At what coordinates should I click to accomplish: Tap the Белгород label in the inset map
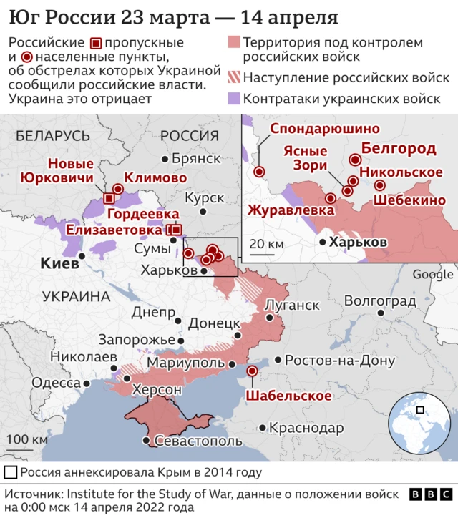[x=399, y=149]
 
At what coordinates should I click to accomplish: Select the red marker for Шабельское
[x=252, y=371]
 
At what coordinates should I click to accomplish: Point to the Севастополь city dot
[x=147, y=441]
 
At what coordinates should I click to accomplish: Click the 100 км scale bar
[x=27, y=439]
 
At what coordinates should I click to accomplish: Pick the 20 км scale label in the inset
[x=266, y=245]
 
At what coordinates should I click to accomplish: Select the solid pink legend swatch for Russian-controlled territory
[x=233, y=43]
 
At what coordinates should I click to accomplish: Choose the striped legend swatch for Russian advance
[x=233, y=77]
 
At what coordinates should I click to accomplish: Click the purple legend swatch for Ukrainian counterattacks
[x=233, y=98]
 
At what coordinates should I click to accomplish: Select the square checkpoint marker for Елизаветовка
[x=173, y=230]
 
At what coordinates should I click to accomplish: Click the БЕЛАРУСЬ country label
[x=53, y=135]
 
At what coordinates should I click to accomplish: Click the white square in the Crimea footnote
[x=10, y=472]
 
